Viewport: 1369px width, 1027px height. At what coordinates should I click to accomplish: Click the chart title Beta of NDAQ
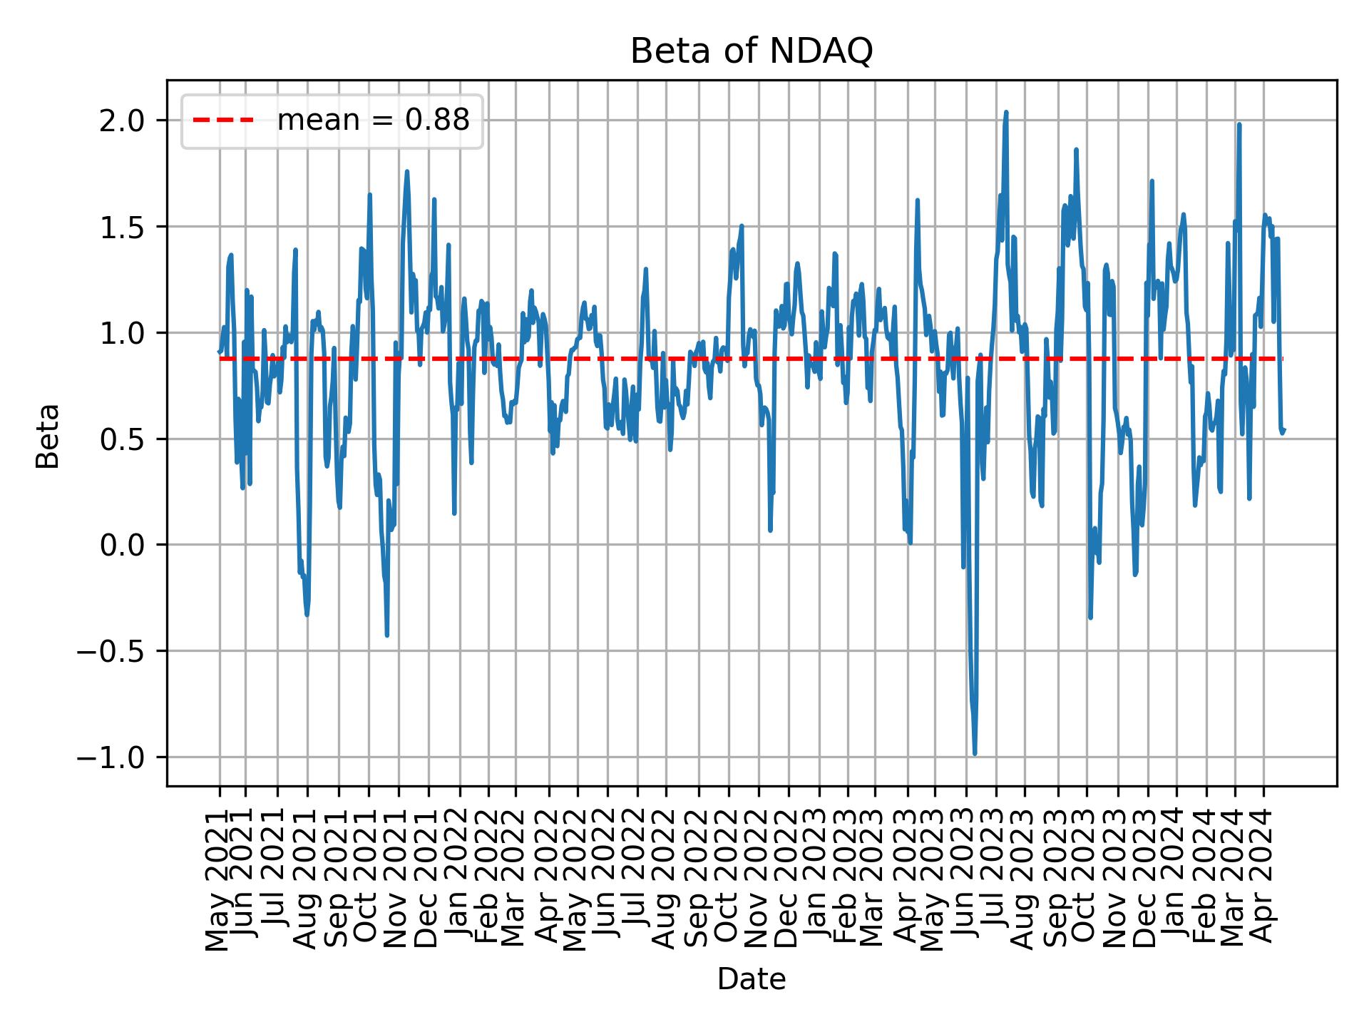(752, 51)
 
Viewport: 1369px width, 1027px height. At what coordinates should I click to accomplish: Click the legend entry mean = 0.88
(373, 121)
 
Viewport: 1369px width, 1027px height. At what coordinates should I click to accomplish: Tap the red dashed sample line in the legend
(223, 121)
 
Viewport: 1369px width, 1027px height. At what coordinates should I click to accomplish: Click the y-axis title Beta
(48, 436)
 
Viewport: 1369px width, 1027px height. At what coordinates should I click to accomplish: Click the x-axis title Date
(752, 979)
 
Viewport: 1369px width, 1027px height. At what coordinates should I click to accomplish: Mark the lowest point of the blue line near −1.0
(975, 753)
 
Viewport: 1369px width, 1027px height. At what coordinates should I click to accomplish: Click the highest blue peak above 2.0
(1005, 112)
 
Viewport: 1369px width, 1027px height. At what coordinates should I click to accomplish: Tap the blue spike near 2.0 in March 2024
(1239, 125)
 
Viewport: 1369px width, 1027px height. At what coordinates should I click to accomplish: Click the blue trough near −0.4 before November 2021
(386, 635)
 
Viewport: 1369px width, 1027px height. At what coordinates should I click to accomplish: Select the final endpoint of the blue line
(1283, 429)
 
